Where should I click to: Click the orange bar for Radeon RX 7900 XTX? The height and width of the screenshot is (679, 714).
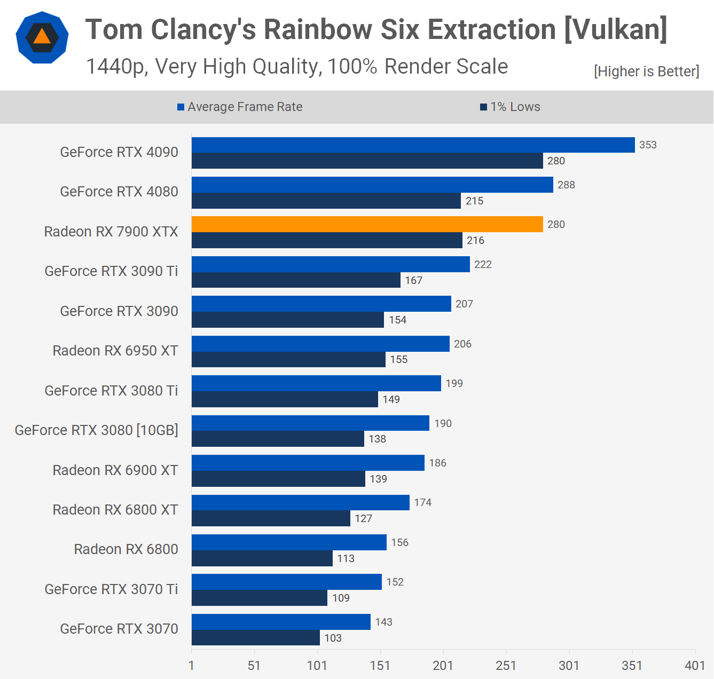(x=367, y=224)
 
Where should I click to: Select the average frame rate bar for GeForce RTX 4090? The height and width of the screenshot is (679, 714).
(x=413, y=145)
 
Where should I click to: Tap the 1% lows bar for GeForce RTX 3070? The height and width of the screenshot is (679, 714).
(x=256, y=637)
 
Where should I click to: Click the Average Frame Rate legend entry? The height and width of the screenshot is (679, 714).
(x=240, y=107)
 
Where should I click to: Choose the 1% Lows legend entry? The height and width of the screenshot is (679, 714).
(x=510, y=107)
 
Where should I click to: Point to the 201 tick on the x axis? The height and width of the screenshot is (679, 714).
(x=443, y=665)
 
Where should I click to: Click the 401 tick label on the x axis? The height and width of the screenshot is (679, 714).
(x=695, y=665)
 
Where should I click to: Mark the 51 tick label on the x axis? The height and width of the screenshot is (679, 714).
(x=254, y=665)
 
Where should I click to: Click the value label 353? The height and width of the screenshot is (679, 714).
(x=648, y=145)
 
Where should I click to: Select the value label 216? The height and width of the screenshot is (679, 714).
(x=475, y=240)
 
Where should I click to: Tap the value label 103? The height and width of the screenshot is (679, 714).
(x=333, y=638)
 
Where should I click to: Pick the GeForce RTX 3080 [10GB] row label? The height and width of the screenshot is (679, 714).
(x=97, y=430)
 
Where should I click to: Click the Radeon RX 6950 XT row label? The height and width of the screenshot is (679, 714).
(x=115, y=351)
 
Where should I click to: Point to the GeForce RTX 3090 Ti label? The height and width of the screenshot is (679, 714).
(x=111, y=271)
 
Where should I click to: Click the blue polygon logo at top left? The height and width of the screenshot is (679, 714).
(x=42, y=37)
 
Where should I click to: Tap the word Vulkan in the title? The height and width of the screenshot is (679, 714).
(x=615, y=29)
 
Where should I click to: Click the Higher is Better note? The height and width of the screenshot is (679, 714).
(x=646, y=72)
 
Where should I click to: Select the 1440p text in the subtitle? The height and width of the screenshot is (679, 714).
(x=116, y=67)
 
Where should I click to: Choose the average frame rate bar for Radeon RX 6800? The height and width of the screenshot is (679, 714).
(x=289, y=542)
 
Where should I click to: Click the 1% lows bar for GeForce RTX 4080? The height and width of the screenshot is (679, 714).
(x=326, y=201)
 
